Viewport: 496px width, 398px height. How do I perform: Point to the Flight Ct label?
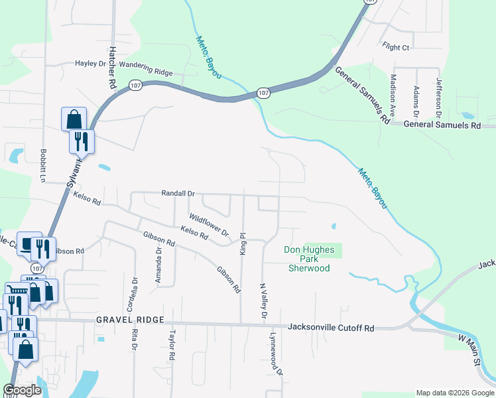click(x=396, y=47)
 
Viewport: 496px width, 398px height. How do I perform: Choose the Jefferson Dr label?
click(x=438, y=97)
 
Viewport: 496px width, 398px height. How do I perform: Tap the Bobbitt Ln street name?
click(x=42, y=165)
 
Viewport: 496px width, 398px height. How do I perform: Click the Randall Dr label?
click(x=178, y=193)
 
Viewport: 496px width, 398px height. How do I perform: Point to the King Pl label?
click(x=243, y=243)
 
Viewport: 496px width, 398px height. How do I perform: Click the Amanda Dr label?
click(x=158, y=265)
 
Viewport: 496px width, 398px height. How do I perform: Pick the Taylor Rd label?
click(x=172, y=345)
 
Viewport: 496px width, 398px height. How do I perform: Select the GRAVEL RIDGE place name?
click(x=129, y=320)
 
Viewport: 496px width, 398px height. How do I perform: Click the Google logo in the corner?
click(x=22, y=390)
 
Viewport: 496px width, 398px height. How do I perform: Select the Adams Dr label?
click(x=416, y=98)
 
